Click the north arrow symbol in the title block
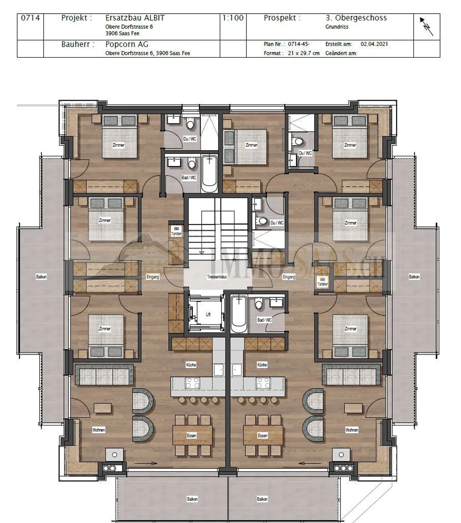click(x=427, y=26)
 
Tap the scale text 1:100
click(x=233, y=18)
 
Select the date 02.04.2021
click(x=374, y=44)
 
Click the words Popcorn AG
click(x=127, y=44)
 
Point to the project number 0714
click(x=30, y=18)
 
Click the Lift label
click(x=208, y=314)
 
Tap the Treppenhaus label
click(x=217, y=277)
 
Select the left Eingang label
click(x=153, y=277)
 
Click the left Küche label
click(x=191, y=365)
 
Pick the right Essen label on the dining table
click(x=263, y=436)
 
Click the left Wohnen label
click(x=99, y=430)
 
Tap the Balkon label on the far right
click(x=414, y=277)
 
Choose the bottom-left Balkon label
click(x=192, y=499)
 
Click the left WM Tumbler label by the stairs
click(x=176, y=231)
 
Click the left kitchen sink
click(x=219, y=369)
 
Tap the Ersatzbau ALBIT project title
click(x=135, y=18)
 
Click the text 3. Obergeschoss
click(x=356, y=18)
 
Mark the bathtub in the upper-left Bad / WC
click(x=209, y=173)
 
